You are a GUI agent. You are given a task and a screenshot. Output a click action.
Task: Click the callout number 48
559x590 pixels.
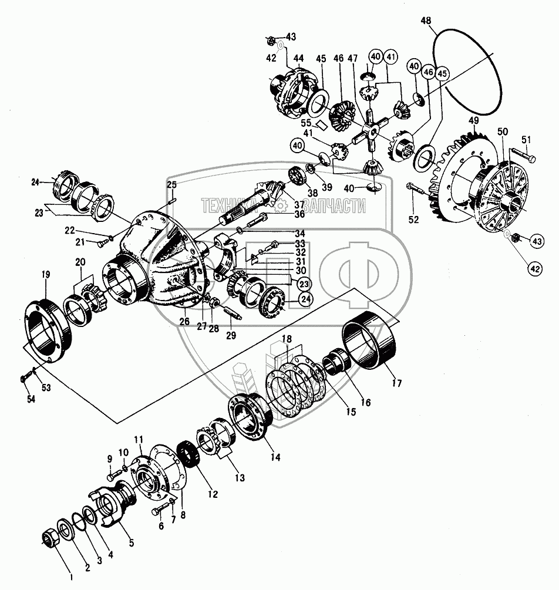tap(426, 21)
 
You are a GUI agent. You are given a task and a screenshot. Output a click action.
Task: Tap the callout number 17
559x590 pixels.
tap(398, 383)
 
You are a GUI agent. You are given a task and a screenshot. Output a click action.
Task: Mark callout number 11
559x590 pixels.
tap(138, 440)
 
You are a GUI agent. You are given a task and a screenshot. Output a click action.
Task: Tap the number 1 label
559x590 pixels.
tap(71, 576)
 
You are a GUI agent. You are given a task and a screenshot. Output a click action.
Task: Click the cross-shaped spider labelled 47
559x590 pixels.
tap(366, 130)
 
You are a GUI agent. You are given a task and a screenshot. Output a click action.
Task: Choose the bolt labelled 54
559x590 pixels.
tap(24, 377)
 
